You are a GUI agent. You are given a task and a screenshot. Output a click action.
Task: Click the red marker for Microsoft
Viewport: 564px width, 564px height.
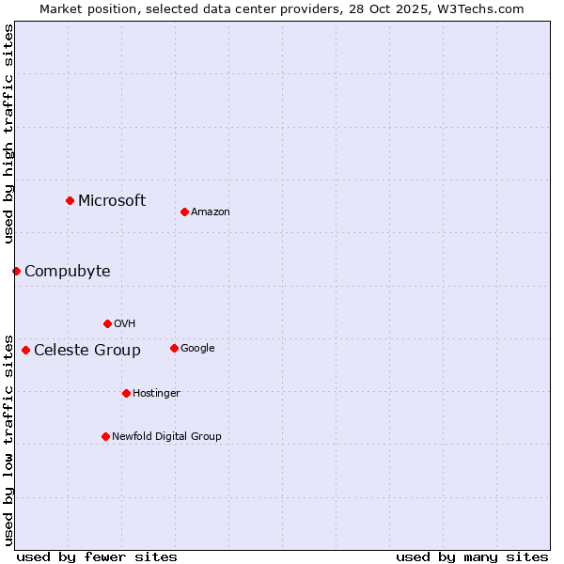click(x=70, y=200)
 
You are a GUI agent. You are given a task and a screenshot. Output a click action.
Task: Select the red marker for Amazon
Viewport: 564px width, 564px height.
click(x=184, y=211)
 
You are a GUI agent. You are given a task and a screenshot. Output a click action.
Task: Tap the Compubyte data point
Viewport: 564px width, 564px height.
click(x=16, y=271)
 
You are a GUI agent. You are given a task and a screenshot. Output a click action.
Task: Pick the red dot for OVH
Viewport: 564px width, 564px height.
click(x=107, y=323)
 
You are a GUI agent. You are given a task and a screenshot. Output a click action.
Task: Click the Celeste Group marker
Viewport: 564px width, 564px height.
click(x=25, y=350)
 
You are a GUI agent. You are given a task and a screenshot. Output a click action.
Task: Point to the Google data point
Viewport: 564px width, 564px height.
click(x=174, y=348)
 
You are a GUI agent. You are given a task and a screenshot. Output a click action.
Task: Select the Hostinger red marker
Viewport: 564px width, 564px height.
click(x=126, y=393)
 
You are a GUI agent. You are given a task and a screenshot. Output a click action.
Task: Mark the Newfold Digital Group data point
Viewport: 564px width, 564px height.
click(x=105, y=436)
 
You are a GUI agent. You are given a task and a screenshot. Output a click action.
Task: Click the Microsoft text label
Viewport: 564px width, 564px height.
click(x=112, y=200)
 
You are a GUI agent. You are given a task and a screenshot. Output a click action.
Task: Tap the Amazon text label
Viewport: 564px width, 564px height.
click(x=211, y=212)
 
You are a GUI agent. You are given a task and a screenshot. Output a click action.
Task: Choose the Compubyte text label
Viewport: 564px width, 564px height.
click(x=67, y=272)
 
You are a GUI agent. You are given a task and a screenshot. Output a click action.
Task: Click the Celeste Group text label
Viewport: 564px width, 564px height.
click(x=87, y=351)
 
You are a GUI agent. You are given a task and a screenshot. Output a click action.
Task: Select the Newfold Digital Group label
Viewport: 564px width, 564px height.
click(x=166, y=436)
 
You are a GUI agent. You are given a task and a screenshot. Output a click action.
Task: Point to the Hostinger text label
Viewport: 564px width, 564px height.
click(x=156, y=393)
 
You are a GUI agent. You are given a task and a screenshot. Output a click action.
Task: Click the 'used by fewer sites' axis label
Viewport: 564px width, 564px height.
click(x=97, y=556)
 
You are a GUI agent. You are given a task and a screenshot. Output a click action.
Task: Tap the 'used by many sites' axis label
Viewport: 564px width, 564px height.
click(x=472, y=556)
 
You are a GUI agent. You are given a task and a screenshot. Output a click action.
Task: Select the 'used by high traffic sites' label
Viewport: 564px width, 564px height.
click(x=8, y=133)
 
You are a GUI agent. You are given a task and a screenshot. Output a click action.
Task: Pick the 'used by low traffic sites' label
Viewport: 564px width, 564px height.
click(x=8, y=439)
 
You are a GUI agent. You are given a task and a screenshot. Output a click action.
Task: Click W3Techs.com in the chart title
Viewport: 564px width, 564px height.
click(x=484, y=8)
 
